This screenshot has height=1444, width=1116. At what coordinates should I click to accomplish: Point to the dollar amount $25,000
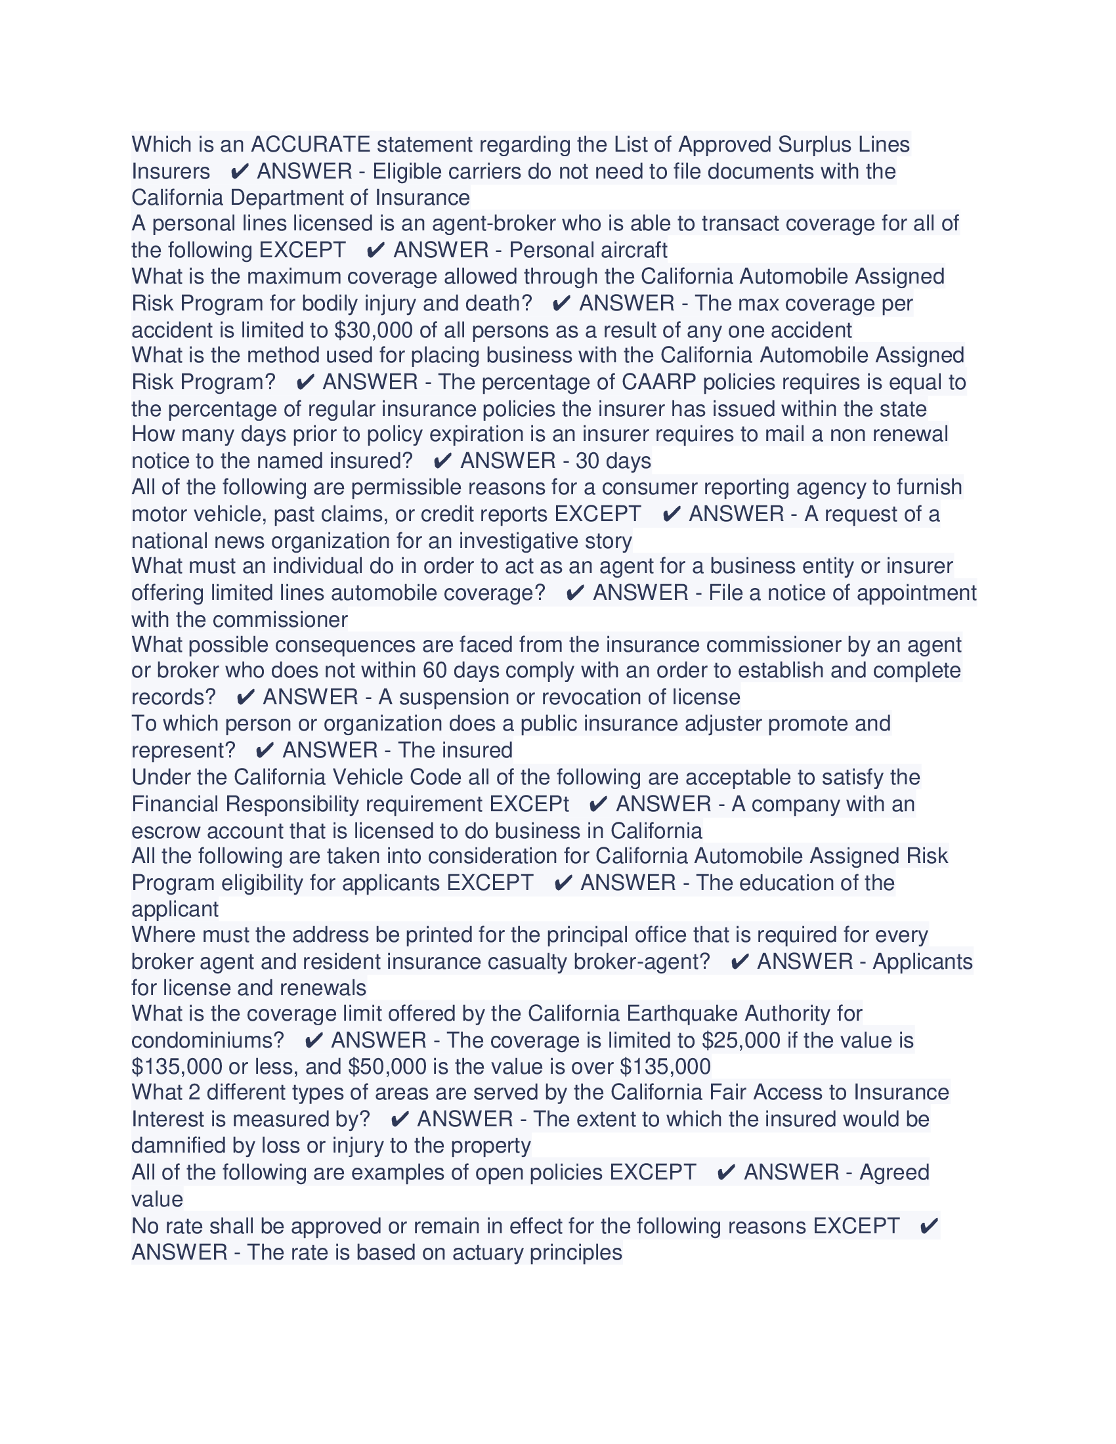(x=741, y=1041)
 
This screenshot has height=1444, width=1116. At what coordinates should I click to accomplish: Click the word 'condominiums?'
(x=207, y=1041)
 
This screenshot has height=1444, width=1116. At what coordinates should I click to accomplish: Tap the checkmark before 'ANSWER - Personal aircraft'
(x=376, y=251)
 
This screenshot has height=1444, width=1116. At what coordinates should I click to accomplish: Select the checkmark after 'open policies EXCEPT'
(x=726, y=1173)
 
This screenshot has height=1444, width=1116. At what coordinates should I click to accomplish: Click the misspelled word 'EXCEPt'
(x=529, y=804)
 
